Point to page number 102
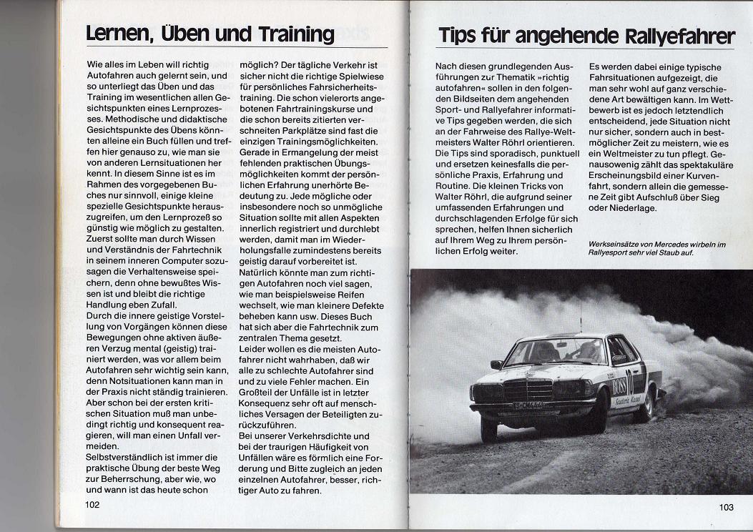tap(92, 504)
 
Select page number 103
tap(726, 507)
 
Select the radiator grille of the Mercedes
tap(528, 390)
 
